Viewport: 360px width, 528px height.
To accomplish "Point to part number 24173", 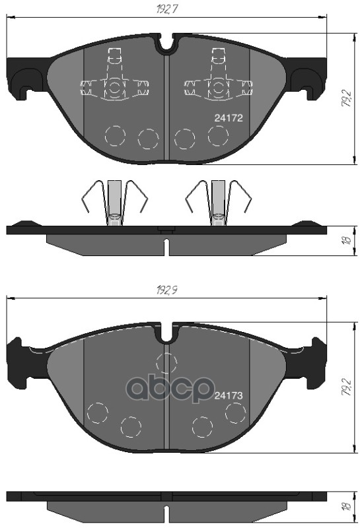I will [x=231, y=395].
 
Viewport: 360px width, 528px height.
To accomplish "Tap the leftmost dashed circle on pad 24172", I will [x=115, y=135].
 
